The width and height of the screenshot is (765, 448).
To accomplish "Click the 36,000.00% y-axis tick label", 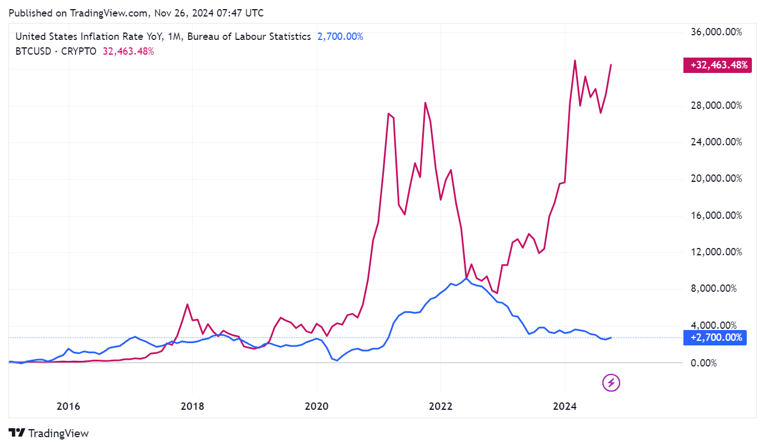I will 716,32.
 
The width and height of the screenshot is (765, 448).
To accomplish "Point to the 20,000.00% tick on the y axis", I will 716,179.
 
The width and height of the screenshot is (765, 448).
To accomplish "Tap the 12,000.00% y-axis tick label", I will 716,252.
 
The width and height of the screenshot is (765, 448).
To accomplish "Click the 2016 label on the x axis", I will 68,406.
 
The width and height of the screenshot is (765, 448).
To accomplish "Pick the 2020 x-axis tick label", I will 316,406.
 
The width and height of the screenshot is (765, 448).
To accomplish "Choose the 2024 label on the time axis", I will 564,406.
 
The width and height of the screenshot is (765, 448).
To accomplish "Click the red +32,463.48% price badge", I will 716,65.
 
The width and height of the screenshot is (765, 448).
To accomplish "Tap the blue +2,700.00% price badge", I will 716,337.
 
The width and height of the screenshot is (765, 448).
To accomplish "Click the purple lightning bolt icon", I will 611,383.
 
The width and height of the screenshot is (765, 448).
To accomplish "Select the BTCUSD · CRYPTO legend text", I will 56,51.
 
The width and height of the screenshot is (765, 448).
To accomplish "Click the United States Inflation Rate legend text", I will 163,36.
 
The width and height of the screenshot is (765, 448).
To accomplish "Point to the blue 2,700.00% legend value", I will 340,36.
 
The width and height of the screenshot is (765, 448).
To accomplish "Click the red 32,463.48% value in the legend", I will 128,51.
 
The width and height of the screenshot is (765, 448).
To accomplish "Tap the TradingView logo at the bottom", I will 49,433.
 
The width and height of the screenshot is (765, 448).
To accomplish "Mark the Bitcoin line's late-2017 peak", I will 187,304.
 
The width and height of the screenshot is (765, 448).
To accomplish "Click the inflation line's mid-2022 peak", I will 467,278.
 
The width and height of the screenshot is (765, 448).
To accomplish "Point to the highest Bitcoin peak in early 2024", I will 575,60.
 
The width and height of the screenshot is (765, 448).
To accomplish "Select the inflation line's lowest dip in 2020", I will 337,360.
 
